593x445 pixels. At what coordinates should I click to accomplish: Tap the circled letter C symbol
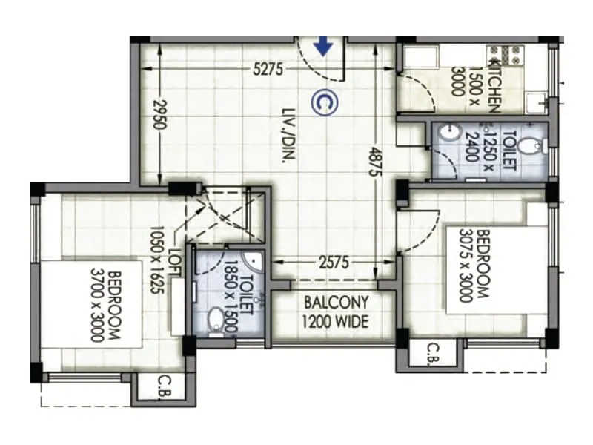(x=324, y=103)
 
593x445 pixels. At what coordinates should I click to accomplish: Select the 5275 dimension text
(x=268, y=70)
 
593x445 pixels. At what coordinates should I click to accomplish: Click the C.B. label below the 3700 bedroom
(x=164, y=386)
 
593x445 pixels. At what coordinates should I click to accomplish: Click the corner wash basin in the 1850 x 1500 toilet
(x=254, y=260)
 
